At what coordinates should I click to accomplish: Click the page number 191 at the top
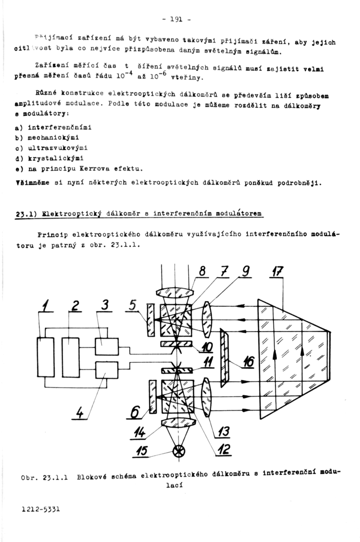(177, 20)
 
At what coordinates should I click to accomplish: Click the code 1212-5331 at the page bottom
(40, 509)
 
